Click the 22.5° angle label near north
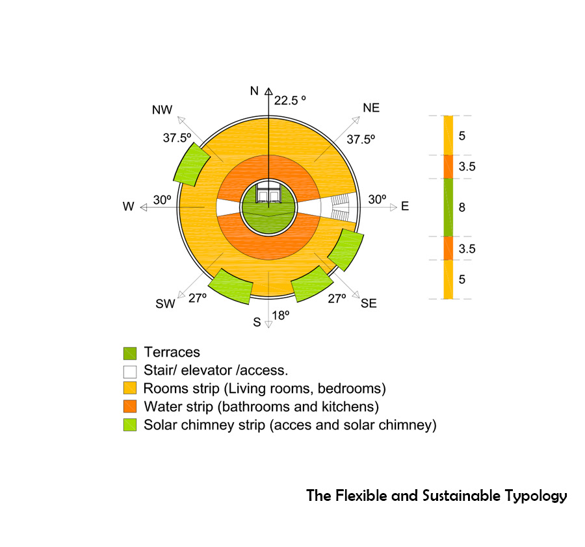tap(289, 100)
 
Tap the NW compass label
tap(162, 110)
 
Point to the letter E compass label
tap(405, 207)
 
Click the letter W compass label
tap(128, 207)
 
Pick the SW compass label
tap(165, 304)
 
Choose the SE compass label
tap(369, 303)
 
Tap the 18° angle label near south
tap(281, 316)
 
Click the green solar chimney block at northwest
tap(190, 164)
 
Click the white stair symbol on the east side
tap(341, 207)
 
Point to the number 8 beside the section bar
tap(462, 208)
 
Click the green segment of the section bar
tap(448, 207)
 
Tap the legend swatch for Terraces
tap(130, 353)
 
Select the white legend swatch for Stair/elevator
tap(130, 372)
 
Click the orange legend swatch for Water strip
tap(130, 407)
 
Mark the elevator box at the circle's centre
tap(268, 195)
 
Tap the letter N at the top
tap(254, 91)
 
